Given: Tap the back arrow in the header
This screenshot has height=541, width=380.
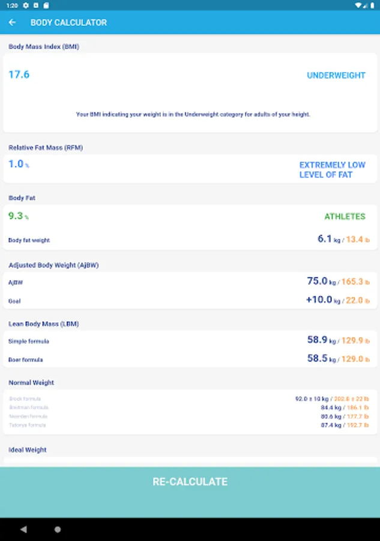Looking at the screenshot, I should (x=13, y=22).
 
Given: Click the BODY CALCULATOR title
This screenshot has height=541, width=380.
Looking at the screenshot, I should (x=68, y=22).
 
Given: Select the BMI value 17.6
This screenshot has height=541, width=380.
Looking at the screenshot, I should (x=19, y=75).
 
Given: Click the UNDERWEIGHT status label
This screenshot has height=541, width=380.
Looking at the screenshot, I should (x=336, y=76).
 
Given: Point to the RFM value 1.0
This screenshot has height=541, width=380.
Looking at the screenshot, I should (x=16, y=164).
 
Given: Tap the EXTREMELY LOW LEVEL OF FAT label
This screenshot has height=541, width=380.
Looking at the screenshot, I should (x=332, y=170).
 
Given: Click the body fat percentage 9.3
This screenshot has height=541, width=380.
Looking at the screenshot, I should (x=16, y=216).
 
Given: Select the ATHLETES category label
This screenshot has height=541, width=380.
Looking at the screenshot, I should (x=345, y=216).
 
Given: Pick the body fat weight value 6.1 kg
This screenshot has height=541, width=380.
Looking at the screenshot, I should (x=325, y=239).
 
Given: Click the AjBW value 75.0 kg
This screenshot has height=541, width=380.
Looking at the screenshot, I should (x=318, y=281).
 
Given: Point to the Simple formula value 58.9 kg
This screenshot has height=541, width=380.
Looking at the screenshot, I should (x=318, y=340).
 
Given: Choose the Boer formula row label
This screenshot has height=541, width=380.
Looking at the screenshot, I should (x=25, y=359).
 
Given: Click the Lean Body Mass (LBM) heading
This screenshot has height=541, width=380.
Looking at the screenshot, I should (x=43, y=323).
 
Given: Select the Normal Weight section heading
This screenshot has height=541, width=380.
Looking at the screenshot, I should (x=31, y=382).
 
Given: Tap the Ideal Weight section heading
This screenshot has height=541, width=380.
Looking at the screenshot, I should (x=28, y=450).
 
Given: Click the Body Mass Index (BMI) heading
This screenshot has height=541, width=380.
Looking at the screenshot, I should (x=43, y=46).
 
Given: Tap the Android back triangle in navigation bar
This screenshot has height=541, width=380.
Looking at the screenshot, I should (x=23, y=530).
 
